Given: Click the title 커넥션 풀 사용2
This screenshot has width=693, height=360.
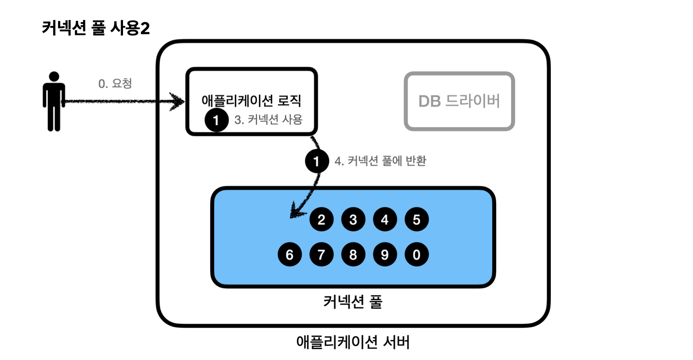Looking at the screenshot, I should tap(96, 28).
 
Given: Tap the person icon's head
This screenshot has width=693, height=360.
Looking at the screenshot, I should tap(54, 76).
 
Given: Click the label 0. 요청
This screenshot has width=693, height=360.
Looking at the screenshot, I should tap(115, 83).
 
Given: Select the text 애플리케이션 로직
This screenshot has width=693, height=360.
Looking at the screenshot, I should tap(251, 101).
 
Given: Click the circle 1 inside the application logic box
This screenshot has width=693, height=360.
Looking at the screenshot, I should tap(216, 120).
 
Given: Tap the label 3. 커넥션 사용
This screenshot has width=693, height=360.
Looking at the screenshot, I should tap(268, 119).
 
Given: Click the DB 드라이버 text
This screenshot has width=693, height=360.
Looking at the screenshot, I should tap(459, 101).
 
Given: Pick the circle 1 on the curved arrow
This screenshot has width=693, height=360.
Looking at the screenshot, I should tap(317, 161).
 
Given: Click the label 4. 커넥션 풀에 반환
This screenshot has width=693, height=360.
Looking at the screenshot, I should tap(380, 161).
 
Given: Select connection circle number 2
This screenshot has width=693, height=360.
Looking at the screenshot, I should tap(321, 219).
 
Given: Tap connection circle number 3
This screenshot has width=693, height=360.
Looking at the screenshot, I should tap(353, 219).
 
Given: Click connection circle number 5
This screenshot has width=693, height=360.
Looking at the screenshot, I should tap(417, 219).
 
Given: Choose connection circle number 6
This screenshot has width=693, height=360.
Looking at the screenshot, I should tap(290, 255).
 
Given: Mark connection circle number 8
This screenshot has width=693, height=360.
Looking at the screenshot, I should tap(353, 255).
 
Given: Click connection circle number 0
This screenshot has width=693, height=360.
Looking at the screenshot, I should tap(417, 255).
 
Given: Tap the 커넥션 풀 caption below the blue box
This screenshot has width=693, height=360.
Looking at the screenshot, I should tap(353, 302).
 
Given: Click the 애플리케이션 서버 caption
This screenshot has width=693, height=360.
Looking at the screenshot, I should tap(353, 342).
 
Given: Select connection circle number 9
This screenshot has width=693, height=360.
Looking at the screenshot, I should tap(385, 255).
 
